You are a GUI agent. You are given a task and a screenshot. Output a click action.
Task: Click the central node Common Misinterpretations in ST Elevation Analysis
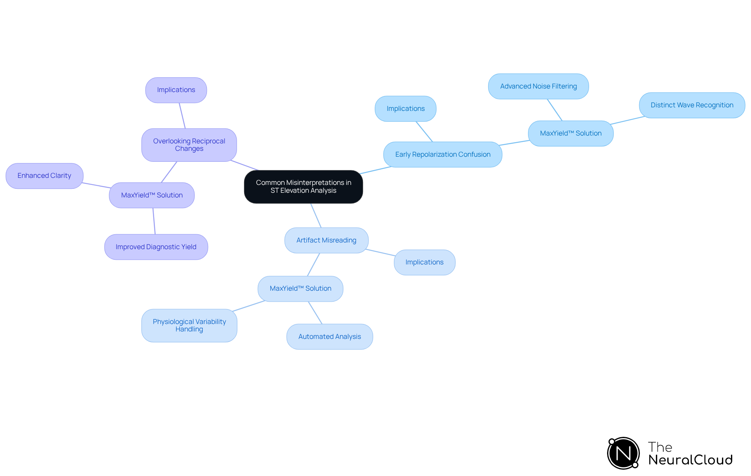[303, 186]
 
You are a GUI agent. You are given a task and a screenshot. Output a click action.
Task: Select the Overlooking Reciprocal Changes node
[189, 145]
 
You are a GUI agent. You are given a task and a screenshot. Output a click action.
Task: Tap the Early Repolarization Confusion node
[442, 154]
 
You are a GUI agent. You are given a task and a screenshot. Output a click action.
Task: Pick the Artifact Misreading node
[326, 240]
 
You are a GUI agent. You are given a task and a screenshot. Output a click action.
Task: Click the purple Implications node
[176, 90]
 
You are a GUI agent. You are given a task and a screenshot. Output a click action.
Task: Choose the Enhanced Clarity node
[44, 176]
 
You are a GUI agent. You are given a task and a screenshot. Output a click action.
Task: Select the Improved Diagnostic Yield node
[156, 247]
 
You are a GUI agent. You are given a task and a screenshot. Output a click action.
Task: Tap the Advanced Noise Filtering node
[538, 86]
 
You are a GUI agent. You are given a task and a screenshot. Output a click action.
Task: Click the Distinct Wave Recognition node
[692, 105]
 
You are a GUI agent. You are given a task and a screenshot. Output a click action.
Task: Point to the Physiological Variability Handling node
[189, 326]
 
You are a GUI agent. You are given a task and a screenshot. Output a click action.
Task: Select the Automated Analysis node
[329, 337]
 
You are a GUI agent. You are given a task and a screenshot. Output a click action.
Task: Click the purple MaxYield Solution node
[152, 195]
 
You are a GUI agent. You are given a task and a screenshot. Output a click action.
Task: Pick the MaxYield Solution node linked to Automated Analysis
[300, 289]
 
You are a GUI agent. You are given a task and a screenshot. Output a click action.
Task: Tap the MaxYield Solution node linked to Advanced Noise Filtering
[570, 133]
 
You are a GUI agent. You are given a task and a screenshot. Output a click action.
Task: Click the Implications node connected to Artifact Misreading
[424, 262]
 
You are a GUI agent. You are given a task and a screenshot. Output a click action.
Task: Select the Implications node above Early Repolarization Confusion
[405, 109]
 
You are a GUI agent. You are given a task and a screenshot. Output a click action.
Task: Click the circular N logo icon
[623, 453]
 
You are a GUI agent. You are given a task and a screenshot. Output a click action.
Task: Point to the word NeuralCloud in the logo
[690, 460]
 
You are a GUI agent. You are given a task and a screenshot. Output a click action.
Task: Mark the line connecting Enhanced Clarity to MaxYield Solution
[96, 185]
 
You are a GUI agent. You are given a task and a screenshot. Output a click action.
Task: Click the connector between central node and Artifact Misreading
[316, 215]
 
